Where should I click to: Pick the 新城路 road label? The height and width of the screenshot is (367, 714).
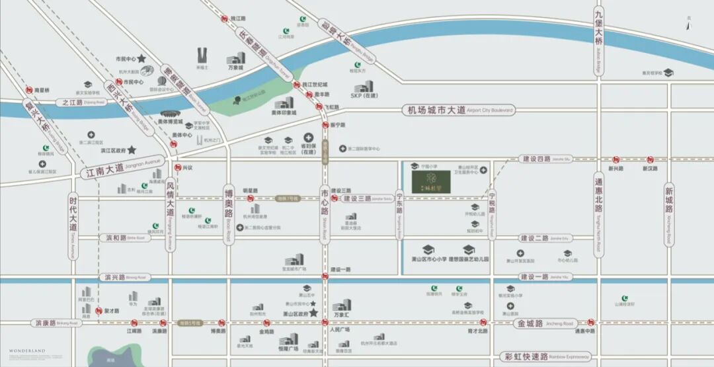(x=669, y=198)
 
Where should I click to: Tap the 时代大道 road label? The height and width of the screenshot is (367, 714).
(x=73, y=218)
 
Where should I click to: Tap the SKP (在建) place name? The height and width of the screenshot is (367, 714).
(x=366, y=95)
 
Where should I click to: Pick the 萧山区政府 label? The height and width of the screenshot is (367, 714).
(x=296, y=314)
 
